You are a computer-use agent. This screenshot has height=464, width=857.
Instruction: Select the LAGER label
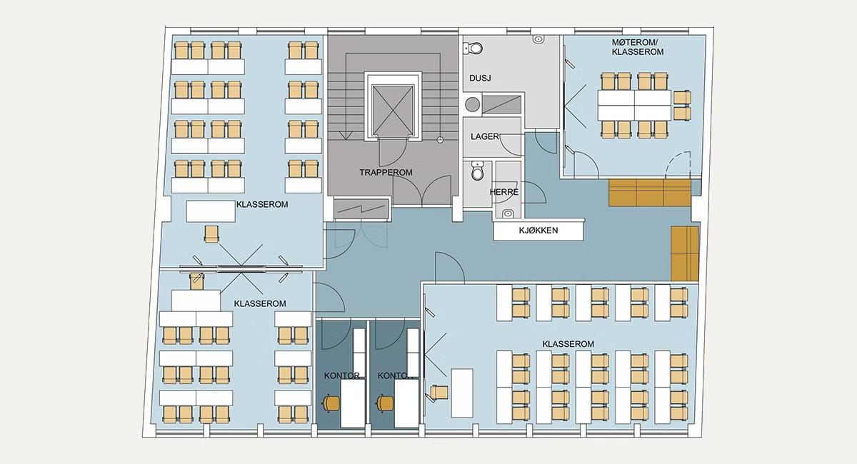[485, 136]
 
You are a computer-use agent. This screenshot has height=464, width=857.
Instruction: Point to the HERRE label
[503, 192]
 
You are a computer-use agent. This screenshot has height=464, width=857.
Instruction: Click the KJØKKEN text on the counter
[538, 231]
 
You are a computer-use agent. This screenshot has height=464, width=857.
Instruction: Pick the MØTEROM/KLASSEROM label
[638, 48]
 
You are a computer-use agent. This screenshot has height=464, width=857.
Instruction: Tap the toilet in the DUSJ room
[473, 49]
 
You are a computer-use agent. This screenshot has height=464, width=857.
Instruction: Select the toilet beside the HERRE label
[478, 172]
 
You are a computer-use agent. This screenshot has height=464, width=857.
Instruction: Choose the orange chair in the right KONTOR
[386, 403]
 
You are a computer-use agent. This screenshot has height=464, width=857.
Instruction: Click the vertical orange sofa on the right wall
[684, 253]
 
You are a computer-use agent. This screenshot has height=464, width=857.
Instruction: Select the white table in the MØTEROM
[634, 105]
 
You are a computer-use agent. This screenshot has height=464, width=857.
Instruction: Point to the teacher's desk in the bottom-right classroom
[462, 392]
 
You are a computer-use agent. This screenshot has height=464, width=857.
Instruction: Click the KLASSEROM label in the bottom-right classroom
[568, 344]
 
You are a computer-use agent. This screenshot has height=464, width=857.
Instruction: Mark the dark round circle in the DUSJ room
[471, 104]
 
